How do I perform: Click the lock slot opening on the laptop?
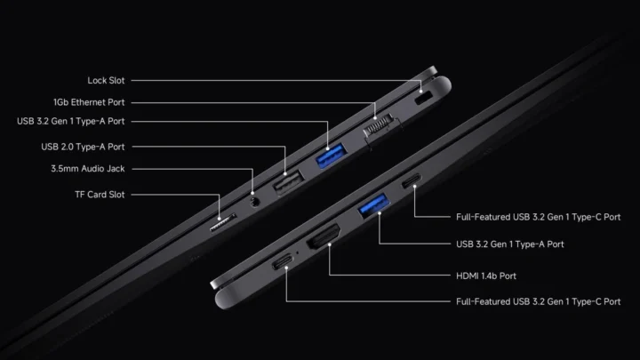[x=423, y=98]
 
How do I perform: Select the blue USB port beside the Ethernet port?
[x=332, y=156]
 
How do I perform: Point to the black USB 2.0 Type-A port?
[x=288, y=182]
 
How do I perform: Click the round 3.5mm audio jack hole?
[x=255, y=202]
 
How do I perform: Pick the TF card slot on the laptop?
[x=223, y=222]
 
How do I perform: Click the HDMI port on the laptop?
[x=324, y=236]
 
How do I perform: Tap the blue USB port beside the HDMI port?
[x=373, y=205]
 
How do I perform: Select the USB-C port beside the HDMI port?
[x=282, y=261]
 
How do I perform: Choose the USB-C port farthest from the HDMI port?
[x=412, y=180]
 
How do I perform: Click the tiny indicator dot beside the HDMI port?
[x=297, y=252]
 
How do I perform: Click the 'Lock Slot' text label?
[x=106, y=80]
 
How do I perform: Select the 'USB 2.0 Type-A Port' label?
[x=83, y=147]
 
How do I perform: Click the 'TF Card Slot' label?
[x=100, y=195]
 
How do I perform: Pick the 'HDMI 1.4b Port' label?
[x=485, y=276]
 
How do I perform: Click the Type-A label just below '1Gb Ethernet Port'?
[x=70, y=121]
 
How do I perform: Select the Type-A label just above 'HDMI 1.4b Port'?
[x=510, y=244]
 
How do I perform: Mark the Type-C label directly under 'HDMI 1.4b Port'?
[x=538, y=301]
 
